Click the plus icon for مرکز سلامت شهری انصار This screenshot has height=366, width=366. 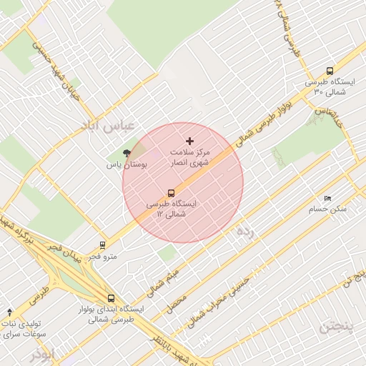189,142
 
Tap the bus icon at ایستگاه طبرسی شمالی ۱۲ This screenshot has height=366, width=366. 171,193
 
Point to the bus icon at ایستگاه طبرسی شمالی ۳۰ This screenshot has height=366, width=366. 330,71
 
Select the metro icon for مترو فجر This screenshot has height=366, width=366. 103,244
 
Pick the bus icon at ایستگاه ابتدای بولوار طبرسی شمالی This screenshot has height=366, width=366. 111,299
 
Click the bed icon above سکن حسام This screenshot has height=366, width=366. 327,198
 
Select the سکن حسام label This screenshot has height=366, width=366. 327,209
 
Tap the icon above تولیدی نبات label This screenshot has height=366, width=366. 9,312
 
